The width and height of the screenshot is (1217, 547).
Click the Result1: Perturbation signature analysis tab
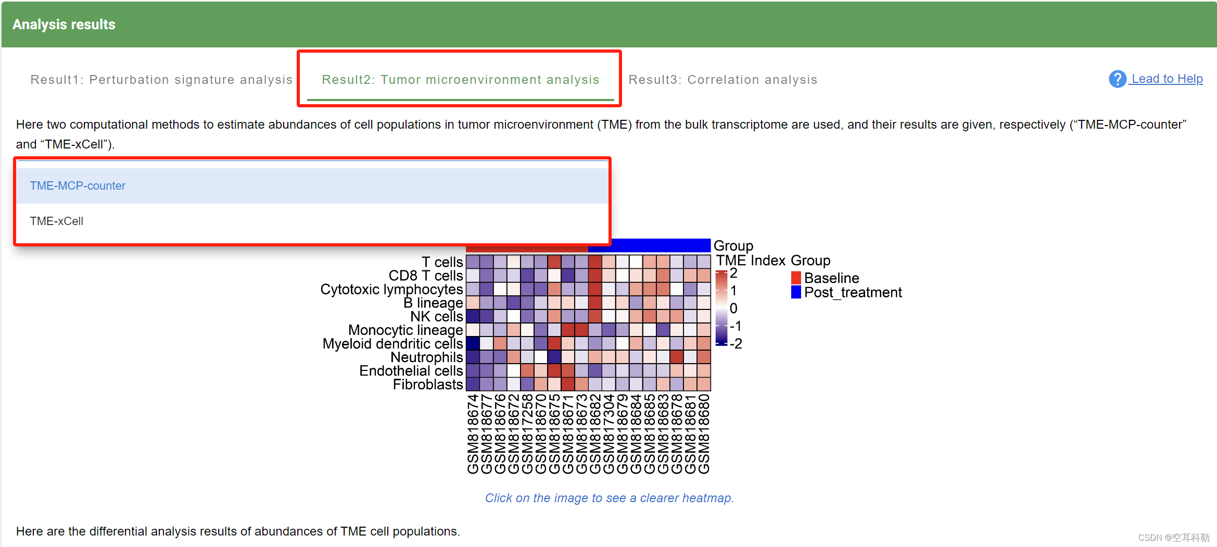click(161, 80)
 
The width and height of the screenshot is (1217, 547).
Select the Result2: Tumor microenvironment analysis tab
click(460, 80)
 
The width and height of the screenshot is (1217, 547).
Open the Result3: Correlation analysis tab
click(722, 80)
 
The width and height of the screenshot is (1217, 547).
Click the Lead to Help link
click(1167, 79)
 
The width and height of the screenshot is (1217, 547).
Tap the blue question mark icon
click(1117, 79)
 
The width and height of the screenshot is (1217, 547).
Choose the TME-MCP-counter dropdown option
click(78, 186)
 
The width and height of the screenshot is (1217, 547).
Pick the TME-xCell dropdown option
click(57, 221)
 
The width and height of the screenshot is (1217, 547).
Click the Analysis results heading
click(64, 24)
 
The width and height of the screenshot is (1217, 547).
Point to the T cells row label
click(442, 262)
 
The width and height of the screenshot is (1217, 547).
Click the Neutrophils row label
click(426, 357)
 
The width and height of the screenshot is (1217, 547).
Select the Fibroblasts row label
click(427, 384)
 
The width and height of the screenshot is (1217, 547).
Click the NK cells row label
click(436, 317)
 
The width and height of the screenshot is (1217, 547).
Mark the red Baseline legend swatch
click(796, 278)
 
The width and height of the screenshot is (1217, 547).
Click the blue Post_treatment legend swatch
click(796, 292)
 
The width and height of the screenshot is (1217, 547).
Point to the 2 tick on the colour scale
click(733, 273)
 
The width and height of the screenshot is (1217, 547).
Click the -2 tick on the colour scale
click(736, 344)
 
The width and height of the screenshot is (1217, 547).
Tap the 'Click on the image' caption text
click(609, 498)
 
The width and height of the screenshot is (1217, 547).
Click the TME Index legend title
click(751, 260)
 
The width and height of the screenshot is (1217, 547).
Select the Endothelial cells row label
click(411, 371)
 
